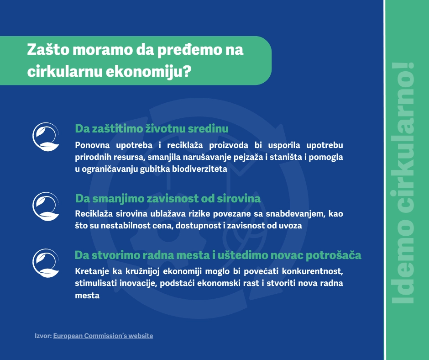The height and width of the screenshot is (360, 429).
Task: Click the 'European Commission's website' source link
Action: [103, 336]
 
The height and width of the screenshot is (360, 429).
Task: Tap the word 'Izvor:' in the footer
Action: [43, 336]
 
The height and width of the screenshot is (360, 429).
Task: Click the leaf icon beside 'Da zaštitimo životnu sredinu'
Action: [46, 137]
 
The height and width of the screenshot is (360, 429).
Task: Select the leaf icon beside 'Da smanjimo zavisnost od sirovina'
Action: [46, 206]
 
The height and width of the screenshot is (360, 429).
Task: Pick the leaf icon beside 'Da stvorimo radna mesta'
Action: [46, 263]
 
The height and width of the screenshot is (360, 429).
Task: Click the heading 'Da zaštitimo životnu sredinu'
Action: [152, 128]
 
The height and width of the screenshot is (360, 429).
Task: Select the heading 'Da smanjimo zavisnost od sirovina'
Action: [167, 198]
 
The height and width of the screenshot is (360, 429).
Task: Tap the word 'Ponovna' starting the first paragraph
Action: [92, 145]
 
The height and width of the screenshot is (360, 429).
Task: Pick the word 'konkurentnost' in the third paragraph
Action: [313, 271]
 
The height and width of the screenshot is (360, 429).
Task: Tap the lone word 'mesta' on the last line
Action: [87, 295]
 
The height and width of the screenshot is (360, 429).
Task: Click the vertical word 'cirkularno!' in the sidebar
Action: [403, 138]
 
